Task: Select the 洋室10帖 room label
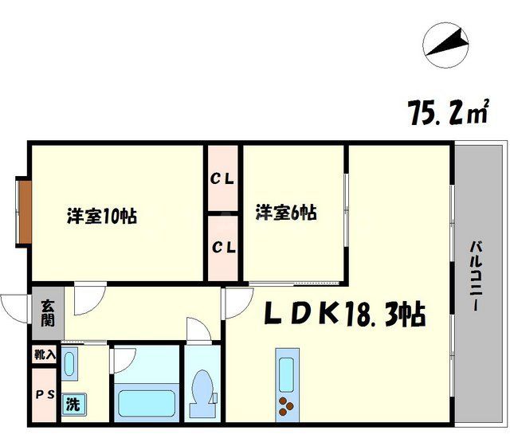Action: pyautogui.click(x=101, y=216)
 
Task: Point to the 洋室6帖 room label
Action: pyautogui.click(x=286, y=213)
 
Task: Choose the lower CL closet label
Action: pyautogui.click(x=222, y=247)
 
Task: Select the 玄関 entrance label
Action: pyautogui.click(x=47, y=313)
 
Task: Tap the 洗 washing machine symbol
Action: pyautogui.click(x=73, y=405)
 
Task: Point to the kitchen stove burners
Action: pyautogui.click(x=285, y=406)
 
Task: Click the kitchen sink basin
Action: pyautogui.click(x=285, y=370)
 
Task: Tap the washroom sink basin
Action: pyautogui.click(x=71, y=366)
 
